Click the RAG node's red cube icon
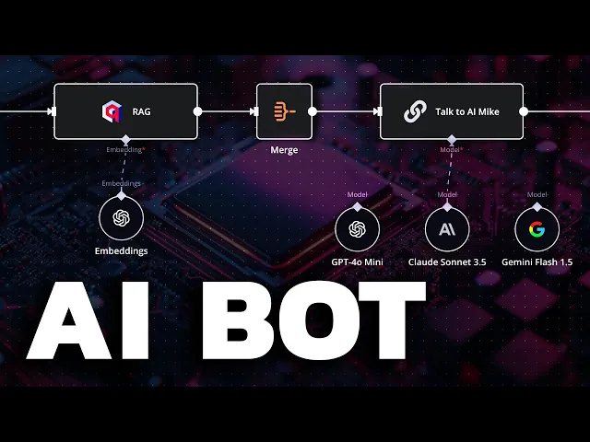click(x=112, y=111)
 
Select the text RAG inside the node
click(x=142, y=111)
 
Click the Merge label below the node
click(x=284, y=148)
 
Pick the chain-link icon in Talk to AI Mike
click(x=414, y=111)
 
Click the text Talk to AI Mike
click(x=466, y=111)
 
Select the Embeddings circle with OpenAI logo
click(x=121, y=219)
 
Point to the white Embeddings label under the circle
click(x=121, y=250)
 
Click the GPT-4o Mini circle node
click(x=357, y=229)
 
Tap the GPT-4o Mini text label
click(x=357, y=262)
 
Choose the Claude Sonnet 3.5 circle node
click(x=447, y=229)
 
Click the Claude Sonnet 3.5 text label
click(x=447, y=262)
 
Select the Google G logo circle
click(x=537, y=229)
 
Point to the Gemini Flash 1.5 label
click(x=537, y=262)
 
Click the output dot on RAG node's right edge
click(x=198, y=111)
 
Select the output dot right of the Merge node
click(x=313, y=111)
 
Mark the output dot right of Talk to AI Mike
click(x=524, y=111)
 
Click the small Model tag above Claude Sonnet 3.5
click(x=447, y=194)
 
